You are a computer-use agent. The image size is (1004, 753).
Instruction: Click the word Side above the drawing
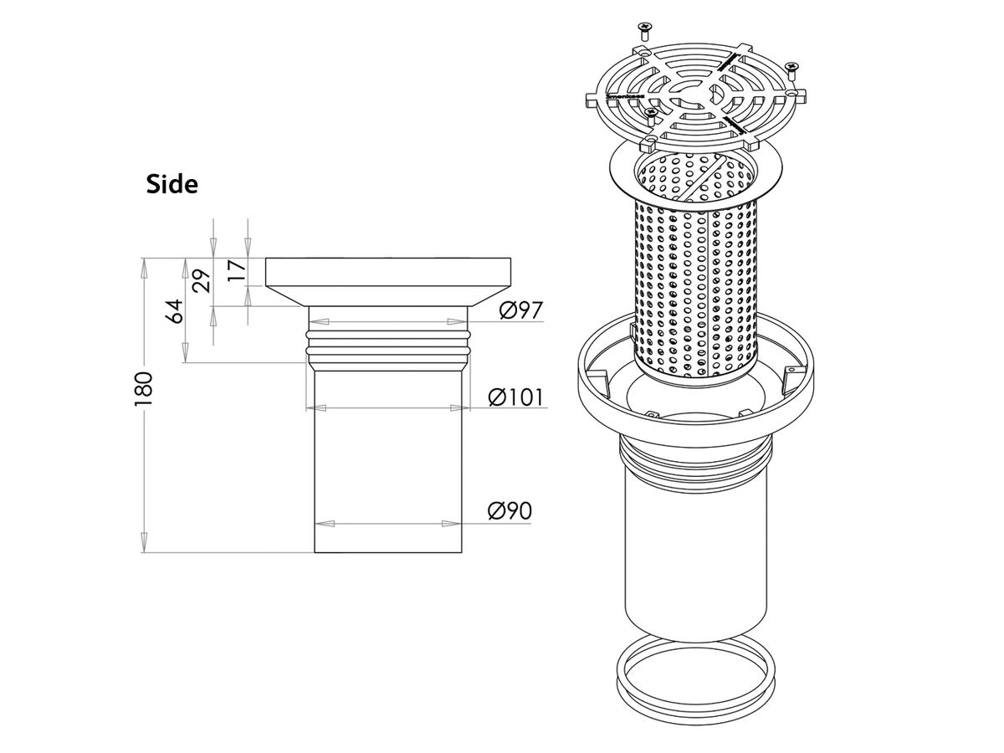click(x=172, y=184)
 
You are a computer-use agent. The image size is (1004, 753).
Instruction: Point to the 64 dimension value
click(x=174, y=311)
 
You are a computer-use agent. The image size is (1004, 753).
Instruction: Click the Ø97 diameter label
click(x=521, y=311)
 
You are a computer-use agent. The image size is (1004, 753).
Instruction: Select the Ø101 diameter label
click(x=516, y=397)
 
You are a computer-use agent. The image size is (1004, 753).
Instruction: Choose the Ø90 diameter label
click(x=510, y=510)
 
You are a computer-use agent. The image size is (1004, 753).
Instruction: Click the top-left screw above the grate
click(x=643, y=31)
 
